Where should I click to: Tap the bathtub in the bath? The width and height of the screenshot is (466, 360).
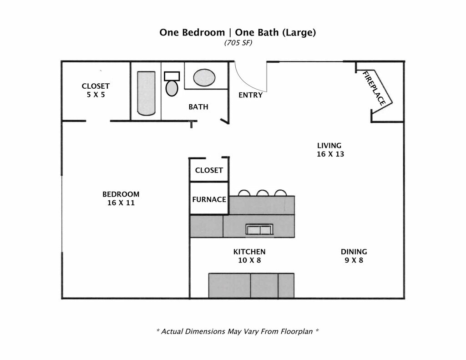(x=146, y=93)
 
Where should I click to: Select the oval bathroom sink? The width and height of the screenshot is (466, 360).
(x=204, y=78)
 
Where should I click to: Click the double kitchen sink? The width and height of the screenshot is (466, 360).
(x=259, y=229)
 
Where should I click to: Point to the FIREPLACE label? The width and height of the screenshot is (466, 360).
(x=375, y=88)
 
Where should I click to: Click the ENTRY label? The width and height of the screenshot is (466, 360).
(x=250, y=95)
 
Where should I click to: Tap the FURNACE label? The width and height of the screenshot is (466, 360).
(x=209, y=199)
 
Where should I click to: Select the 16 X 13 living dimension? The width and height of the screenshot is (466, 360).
(x=330, y=154)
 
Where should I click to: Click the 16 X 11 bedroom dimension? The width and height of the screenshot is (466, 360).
(x=121, y=203)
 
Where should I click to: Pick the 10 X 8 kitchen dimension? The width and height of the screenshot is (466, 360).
(x=249, y=260)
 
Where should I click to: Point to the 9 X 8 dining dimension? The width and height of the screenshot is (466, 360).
(x=354, y=260)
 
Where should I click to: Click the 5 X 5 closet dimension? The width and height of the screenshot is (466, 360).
(x=96, y=95)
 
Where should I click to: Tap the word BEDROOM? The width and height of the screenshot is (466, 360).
(x=121, y=194)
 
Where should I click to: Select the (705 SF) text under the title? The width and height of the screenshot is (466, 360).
(x=238, y=43)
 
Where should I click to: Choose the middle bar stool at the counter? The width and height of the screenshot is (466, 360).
(x=263, y=193)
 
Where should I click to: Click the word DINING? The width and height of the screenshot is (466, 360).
(x=354, y=252)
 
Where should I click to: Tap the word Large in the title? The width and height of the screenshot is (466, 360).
(x=301, y=33)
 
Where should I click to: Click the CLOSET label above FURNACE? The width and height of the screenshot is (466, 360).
(x=209, y=170)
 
